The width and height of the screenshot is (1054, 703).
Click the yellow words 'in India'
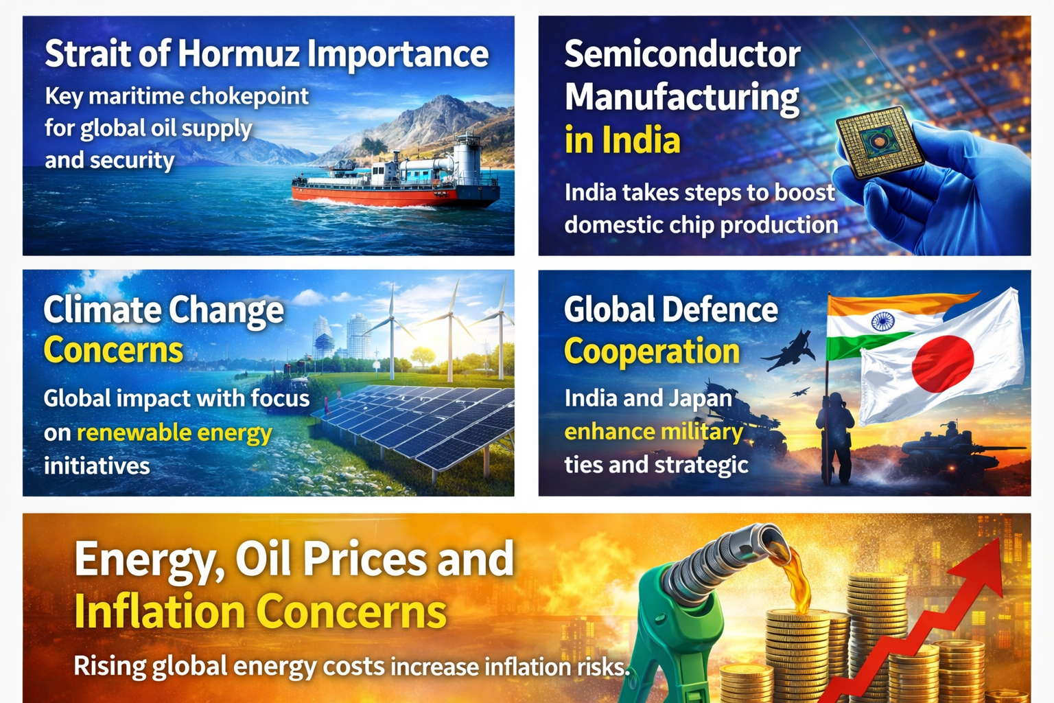[622, 140]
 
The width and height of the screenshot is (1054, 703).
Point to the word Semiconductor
[682, 55]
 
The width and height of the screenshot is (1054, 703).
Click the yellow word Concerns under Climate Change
[113, 351]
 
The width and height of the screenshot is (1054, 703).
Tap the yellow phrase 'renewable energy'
[174, 433]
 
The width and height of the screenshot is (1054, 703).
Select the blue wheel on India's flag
[882, 321]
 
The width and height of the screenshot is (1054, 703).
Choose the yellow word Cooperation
[652, 351]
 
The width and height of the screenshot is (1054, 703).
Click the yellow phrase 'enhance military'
[653, 432]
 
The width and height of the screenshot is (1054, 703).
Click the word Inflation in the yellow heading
[159, 612]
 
